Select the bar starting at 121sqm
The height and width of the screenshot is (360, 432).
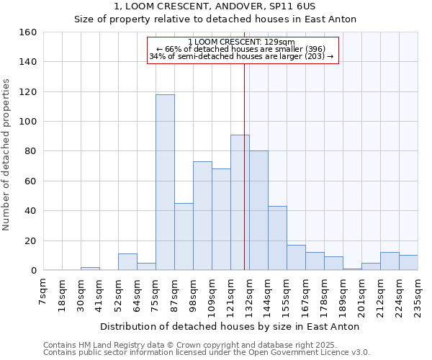[x=240, y=202]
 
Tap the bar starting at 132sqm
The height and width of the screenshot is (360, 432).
[x=258, y=210]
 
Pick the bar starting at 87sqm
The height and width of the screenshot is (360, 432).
[x=184, y=237]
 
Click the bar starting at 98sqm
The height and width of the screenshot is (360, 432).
[x=202, y=216]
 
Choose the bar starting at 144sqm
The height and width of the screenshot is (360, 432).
[x=277, y=238]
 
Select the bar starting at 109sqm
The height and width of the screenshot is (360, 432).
[x=221, y=220]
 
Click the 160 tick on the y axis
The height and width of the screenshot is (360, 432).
[x=29, y=32]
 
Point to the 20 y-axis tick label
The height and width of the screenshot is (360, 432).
[x=31, y=240]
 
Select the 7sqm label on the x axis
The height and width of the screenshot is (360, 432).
[x=44, y=292]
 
